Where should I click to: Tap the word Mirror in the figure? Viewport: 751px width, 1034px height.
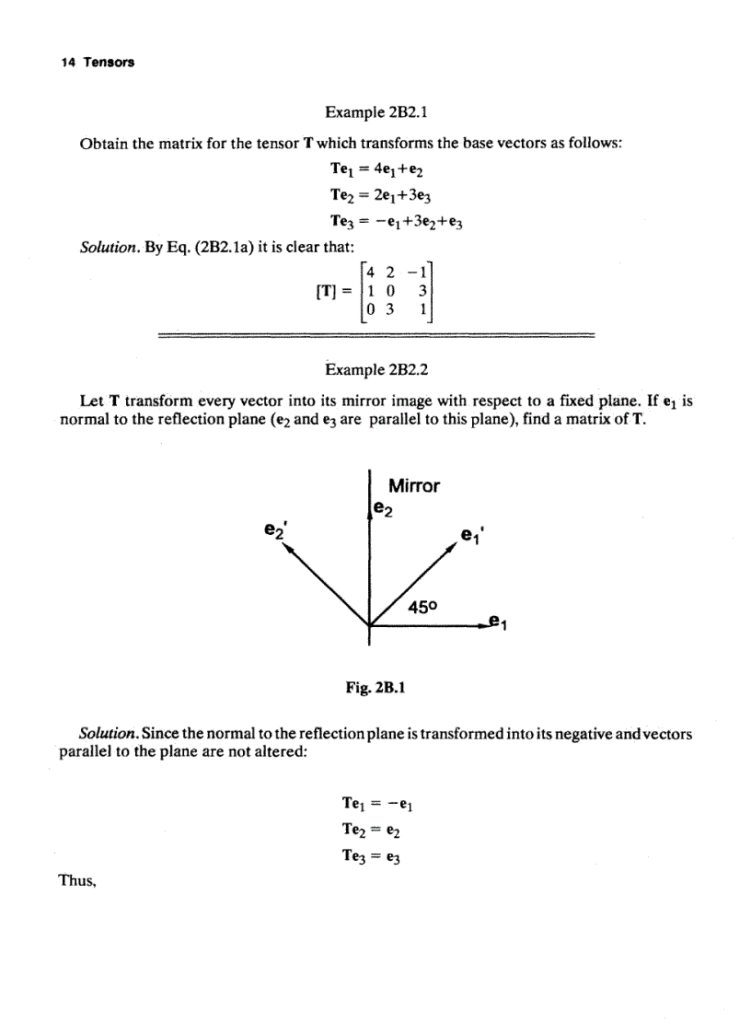(x=413, y=485)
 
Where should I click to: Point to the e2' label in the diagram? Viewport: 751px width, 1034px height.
(x=272, y=531)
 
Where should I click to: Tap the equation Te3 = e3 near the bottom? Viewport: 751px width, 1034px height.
(x=373, y=856)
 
